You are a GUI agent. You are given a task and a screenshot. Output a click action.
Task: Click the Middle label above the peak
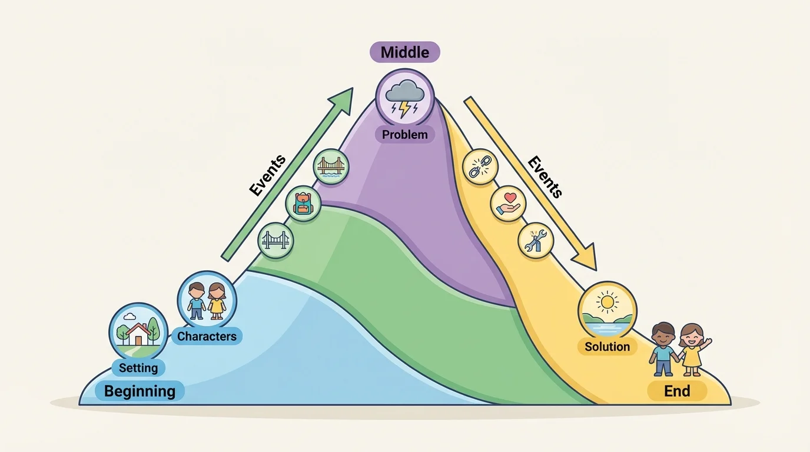click(404, 52)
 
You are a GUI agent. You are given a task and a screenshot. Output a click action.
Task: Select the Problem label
click(404, 134)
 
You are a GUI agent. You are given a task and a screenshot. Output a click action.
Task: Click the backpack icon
click(303, 204)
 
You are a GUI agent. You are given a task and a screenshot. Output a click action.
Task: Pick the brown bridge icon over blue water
click(331, 167)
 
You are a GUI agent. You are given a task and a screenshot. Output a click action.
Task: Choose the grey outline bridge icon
click(275, 240)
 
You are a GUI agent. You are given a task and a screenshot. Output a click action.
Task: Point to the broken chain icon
click(481, 167)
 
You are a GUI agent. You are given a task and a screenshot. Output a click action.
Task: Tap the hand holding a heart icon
click(507, 204)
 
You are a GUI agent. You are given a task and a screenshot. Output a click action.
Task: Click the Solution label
click(607, 346)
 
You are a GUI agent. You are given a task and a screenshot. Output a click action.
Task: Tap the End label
click(677, 391)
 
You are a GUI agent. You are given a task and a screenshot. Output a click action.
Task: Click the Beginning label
click(140, 391)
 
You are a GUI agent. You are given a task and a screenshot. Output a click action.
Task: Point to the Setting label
click(138, 368)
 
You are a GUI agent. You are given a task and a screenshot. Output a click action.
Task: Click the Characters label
click(207, 337)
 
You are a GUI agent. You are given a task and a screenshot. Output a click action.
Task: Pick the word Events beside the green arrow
click(267, 175)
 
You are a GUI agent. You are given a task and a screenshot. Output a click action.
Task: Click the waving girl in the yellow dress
click(693, 348)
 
